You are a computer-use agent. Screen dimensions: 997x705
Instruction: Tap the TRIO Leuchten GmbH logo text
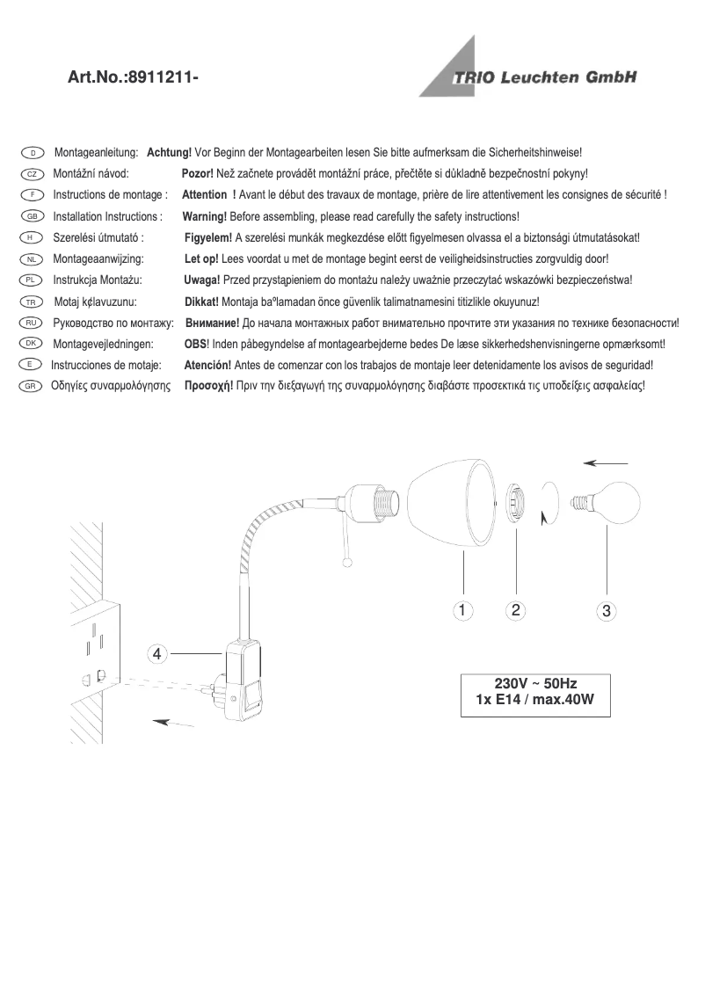click(544, 77)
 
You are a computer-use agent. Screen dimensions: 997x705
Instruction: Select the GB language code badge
click(31, 216)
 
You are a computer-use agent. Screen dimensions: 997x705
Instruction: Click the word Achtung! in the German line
click(169, 153)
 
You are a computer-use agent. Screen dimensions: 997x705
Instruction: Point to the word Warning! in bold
click(204, 216)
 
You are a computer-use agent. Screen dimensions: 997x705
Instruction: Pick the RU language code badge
click(31, 323)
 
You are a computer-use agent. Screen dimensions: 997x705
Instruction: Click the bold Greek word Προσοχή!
click(208, 386)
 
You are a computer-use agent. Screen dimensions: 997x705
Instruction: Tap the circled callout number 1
click(463, 608)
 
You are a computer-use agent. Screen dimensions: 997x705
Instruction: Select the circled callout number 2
click(516, 608)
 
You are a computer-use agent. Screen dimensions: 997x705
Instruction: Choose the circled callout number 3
click(606, 609)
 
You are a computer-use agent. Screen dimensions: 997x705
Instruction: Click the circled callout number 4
click(156, 654)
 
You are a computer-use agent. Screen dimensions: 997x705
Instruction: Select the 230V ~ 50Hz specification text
click(535, 683)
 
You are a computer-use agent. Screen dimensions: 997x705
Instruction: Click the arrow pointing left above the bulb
click(607, 462)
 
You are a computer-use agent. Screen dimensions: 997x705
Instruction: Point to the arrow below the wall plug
click(173, 723)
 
